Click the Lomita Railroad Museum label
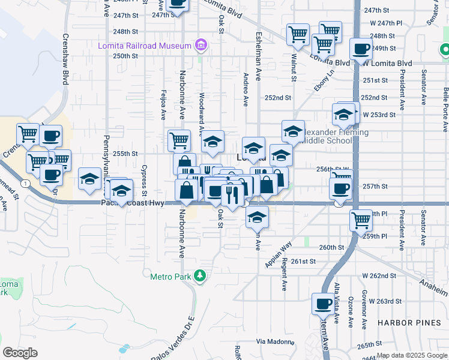tap(145, 45)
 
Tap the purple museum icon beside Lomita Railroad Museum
tap(200, 45)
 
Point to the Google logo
tap(20, 353)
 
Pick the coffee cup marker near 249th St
tap(361, 49)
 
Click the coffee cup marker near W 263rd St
tap(323, 304)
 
